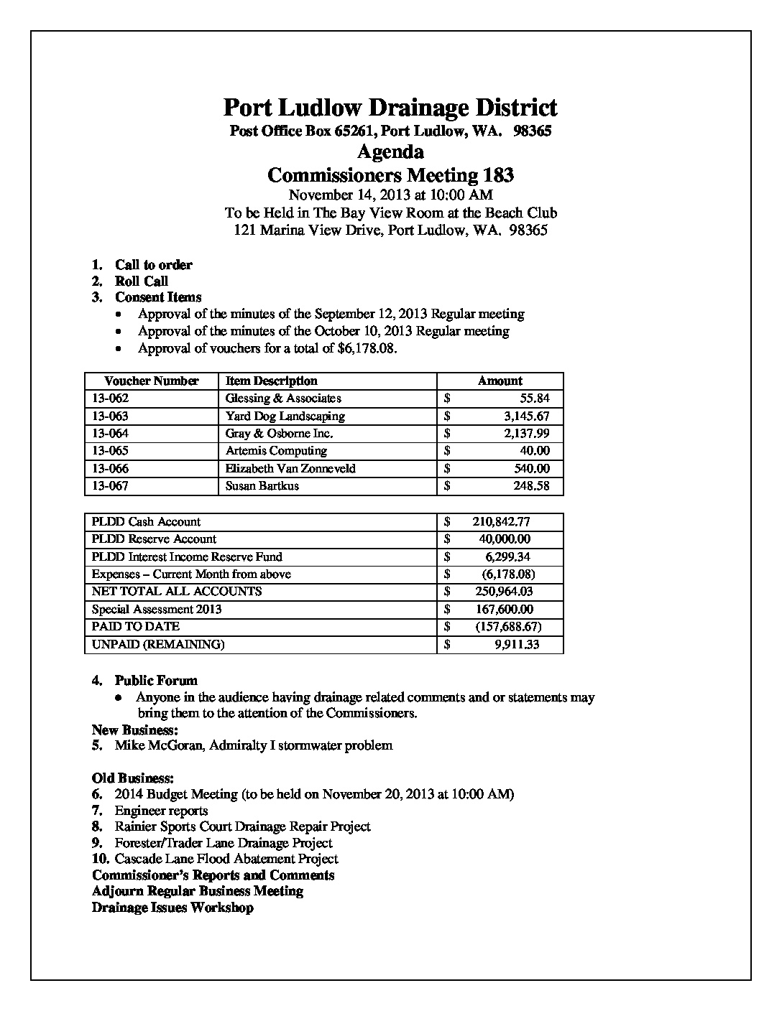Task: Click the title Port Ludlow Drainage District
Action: click(390, 108)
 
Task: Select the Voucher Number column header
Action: click(151, 381)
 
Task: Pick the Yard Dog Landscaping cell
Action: click(285, 416)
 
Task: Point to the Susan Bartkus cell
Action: click(262, 486)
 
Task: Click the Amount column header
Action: click(500, 381)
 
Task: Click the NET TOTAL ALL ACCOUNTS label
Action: click(177, 592)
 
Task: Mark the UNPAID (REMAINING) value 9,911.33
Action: click(517, 645)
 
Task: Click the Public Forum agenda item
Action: click(156, 681)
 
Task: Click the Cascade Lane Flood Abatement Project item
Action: click(226, 859)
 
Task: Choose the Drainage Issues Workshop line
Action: click(172, 908)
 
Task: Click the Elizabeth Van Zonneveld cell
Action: click(290, 469)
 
